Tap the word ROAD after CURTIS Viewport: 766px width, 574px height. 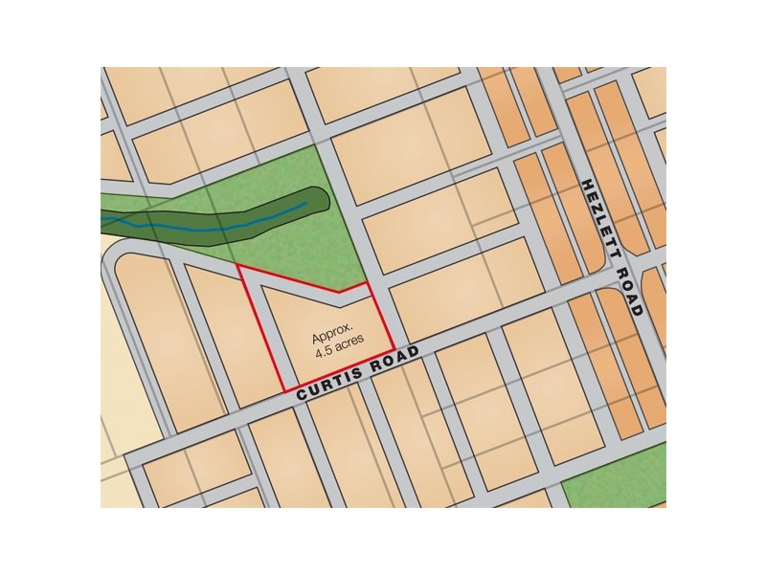point(394,360)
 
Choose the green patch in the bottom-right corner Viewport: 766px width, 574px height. point(618,483)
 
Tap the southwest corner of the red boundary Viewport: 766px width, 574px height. point(283,390)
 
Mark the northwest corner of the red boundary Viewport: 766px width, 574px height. point(237,268)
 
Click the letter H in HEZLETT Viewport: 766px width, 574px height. point(587,184)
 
